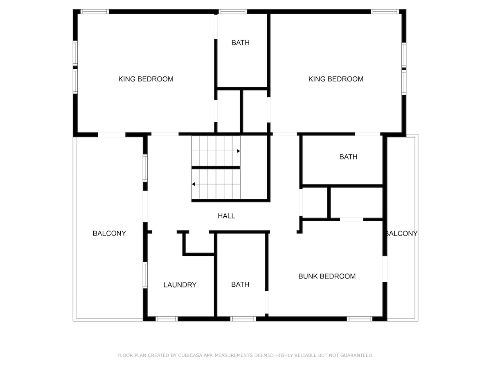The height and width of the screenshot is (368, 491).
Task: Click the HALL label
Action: tap(226, 216)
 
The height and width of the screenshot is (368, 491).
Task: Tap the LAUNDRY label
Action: tap(180, 285)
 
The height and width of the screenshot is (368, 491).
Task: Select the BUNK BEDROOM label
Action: tap(327, 276)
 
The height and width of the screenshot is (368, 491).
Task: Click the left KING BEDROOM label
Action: tap(146, 79)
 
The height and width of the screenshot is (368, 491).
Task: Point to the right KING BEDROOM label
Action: tap(336, 79)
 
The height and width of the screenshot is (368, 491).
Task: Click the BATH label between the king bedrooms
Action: tap(241, 43)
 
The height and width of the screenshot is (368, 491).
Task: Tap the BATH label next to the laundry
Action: tap(240, 284)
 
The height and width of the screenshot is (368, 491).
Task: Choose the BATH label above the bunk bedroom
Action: tap(348, 157)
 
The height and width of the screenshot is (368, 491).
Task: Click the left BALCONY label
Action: tap(109, 233)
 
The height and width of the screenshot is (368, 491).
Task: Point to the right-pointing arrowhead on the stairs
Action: tap(239, 151)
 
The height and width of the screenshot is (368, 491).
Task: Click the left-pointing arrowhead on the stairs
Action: tap(194, 184)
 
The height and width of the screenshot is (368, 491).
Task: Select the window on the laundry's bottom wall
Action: tap(167, 319)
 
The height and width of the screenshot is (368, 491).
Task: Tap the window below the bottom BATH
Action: tap(243, 319)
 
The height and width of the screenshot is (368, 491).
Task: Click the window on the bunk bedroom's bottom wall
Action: tap(360, 319)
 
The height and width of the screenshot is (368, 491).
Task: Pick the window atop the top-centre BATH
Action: tap(233, 11)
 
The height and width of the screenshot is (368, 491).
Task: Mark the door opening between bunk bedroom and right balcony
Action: tap(385, 269)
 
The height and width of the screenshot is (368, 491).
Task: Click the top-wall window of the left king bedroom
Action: tap(95, 11)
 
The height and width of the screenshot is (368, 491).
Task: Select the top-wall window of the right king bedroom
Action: tap(385, 11)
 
